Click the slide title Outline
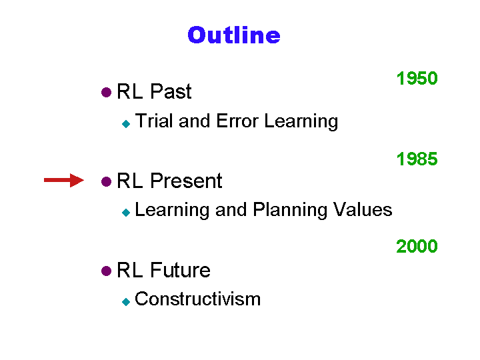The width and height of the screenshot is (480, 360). click(x=234, y=35)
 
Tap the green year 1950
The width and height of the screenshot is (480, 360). click(x=417, y=78)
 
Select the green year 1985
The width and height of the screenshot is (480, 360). click(x=417, y=159)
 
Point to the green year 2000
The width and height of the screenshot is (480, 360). click(x=417, y=246)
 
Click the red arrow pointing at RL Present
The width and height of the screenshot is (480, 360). click(x=64, y=180)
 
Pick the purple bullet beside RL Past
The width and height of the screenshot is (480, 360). click(x=106, y=92)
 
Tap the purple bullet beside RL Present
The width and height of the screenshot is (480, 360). click(x=106, y=181)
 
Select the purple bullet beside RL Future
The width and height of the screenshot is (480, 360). click(x=106, y=271)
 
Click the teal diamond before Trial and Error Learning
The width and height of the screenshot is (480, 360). click(x=126, y=124)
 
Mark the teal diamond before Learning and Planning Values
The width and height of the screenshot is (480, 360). click(x=126, y=213)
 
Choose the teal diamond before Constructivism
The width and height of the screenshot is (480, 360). click(x=126, y=302)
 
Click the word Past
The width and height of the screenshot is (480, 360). click(x=171, y=91)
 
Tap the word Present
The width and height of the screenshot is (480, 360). click(x=186, y=181)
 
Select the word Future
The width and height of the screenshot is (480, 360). click(x=180, y=270)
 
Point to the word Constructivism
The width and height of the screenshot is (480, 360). click(x=198, y=299)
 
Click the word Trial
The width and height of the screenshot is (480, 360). click(x=154, y=121)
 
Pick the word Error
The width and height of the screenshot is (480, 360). click(x=237, y=121)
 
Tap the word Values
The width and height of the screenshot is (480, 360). click(x=363, y=210)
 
